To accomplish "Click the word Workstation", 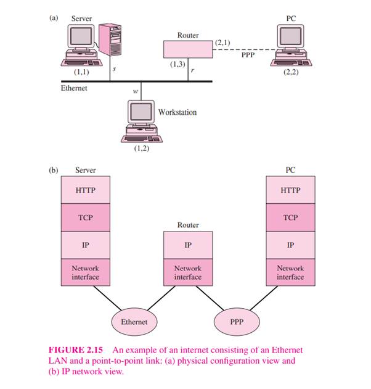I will click(177, 112).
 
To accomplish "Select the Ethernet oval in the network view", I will click(134, 322).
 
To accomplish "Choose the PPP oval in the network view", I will click(237, 322).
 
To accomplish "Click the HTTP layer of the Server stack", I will click(85, 190).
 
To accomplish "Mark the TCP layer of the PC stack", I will click(290, 218).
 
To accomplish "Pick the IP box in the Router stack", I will click(187, 245).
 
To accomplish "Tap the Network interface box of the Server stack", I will click(85, 273).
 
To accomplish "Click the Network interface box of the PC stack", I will click(290, 273).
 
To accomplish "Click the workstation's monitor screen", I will click(140, 111).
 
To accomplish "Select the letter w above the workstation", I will click(136, 92).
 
